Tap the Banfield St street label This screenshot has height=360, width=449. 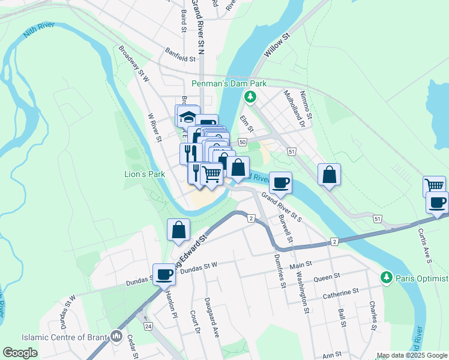click(x=179, y=59)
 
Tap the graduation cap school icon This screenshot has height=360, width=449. click(x=187, y=116)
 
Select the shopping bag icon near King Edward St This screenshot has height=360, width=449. click(x=179, y=229)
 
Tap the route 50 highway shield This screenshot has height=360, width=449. click(x=243, y=142)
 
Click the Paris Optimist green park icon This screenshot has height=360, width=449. click(x=387, y=277)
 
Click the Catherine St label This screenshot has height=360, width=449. click(x=340, y=292)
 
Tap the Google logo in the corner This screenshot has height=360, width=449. click(x=20, y=353)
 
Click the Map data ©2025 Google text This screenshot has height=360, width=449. click(x=412, y=355)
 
